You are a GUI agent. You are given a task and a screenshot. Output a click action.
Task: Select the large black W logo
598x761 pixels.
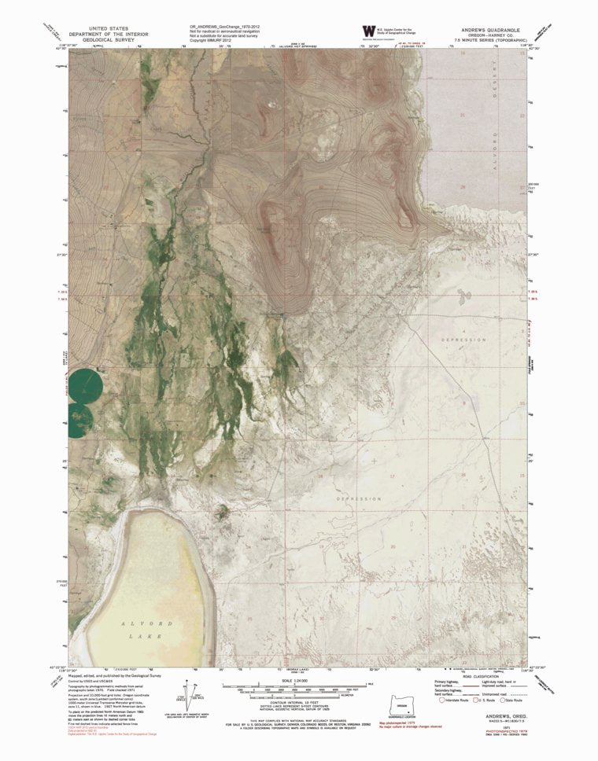tap(368, 31)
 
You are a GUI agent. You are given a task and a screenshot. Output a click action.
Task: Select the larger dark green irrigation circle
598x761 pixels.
tap(83, 384)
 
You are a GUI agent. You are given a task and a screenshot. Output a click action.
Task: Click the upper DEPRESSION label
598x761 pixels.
tap(459, 340)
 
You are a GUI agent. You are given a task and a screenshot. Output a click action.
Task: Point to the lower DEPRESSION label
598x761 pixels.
tap(358, 499)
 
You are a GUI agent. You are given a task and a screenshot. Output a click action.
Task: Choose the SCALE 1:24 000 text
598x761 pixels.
tap(283, 680)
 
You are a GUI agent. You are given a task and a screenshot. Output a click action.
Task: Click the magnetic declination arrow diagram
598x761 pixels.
tap(191, 697)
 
